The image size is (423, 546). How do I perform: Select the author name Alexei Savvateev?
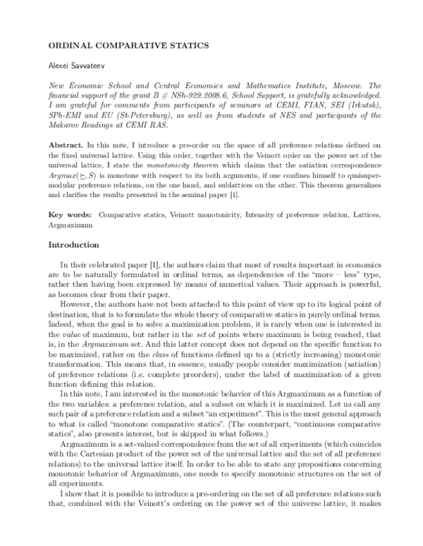coord(75,64)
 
